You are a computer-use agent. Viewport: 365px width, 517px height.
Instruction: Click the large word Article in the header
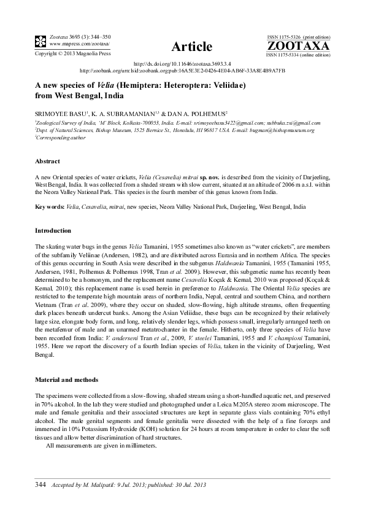click(191, 47)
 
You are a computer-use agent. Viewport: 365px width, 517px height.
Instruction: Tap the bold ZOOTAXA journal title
click(299, 46)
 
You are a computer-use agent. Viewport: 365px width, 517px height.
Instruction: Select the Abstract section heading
click(47, 161)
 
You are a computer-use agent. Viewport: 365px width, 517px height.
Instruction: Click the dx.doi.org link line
click(182, 64)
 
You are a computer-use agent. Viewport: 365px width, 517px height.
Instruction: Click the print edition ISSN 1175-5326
click(290, 38)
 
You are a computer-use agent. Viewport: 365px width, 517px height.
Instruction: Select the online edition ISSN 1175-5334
click(290, 55)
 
